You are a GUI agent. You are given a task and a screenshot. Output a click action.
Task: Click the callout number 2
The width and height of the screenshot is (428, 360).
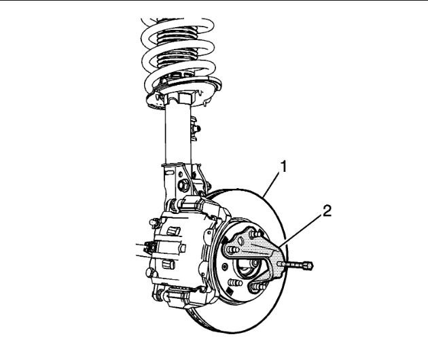pyautogui.click(x=327, y=211)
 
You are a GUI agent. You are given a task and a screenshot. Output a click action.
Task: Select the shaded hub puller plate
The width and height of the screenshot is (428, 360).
pyautogui.click(x=255, y=251)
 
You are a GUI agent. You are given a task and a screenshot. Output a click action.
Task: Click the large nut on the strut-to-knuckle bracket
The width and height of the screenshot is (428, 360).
pyautogui.click(x=183, y=183)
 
